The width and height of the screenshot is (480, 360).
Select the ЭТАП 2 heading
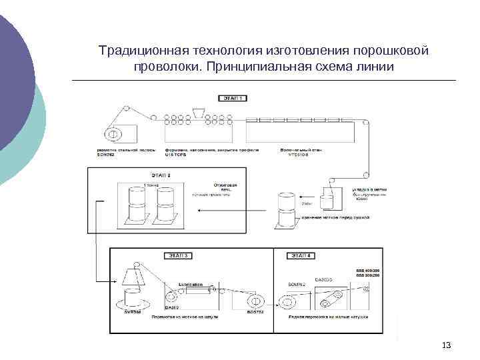coord(159,175)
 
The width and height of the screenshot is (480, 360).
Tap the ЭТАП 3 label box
coord(177,255)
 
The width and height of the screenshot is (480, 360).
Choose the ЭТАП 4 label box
coord(301,255)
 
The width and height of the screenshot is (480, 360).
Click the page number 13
coord(446,345)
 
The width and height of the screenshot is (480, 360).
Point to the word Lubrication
coord(191,283)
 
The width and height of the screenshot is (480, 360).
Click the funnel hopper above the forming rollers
coord(198,111)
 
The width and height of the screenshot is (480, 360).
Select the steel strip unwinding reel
coord(114,134)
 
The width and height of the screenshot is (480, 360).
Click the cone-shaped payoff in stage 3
coord(136,275)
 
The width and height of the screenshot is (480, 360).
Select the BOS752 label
coord(256,311)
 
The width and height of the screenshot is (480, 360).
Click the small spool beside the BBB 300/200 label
coord(365,289)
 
